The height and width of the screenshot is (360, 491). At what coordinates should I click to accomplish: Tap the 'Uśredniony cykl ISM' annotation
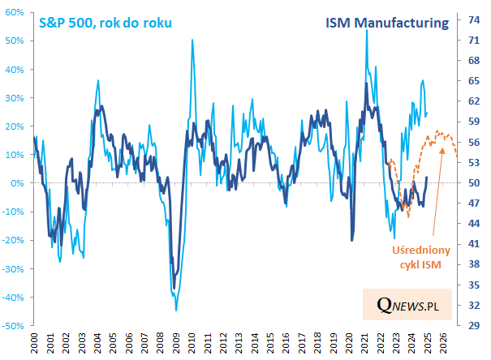(x=421, y=257)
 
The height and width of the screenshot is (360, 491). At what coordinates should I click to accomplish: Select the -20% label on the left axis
(x=14, y=241)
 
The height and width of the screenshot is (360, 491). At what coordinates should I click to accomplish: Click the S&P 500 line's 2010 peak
(x=192, y=40)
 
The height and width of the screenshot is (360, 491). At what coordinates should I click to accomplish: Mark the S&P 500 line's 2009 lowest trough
(x=175, y=311)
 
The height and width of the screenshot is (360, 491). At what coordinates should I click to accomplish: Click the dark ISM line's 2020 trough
(x=352, y=240)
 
